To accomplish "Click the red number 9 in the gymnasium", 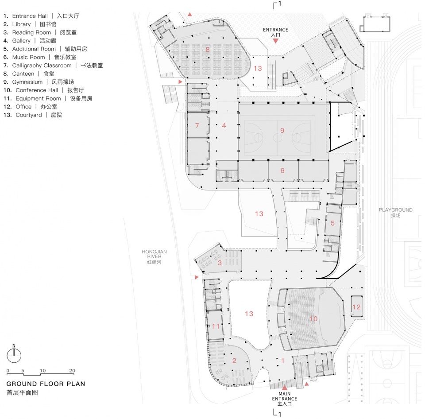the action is point(282,131).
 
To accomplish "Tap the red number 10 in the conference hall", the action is point(313,318).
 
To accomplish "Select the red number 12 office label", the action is point(356,307).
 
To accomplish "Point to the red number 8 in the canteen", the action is point(208,49).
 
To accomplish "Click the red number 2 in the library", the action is point(234,361).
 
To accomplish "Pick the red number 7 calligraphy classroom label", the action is point(197,125).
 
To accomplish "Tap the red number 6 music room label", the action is point(282,171).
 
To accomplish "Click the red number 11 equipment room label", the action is point(216,326).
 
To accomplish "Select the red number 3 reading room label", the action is point(220,263).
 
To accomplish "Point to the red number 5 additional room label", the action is point(332,223).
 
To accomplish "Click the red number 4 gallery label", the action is point(224,125).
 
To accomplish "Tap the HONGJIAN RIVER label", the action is point(154,256).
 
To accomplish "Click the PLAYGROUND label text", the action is point(396,210).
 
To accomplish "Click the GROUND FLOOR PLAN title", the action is point(46,384).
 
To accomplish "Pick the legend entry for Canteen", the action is point(29,74).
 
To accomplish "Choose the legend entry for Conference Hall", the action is point(44,90).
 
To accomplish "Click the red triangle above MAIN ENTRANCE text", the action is point(285,388).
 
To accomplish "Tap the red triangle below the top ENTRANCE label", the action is point(275,41).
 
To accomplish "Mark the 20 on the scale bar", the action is point(72,370).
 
